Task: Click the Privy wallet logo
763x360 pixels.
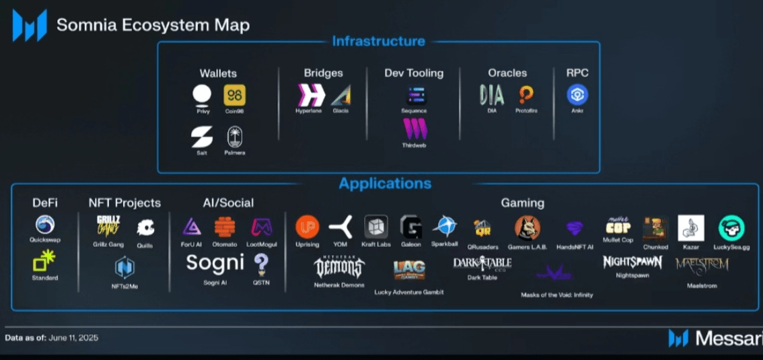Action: click(x=202, y=95)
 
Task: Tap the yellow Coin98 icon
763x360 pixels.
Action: click(x=235, y=95)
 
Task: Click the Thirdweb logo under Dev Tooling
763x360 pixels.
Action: click(x=414, y=129)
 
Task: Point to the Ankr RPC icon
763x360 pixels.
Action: click(x=577, y=95)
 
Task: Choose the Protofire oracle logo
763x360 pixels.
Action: click(x=526, y=95)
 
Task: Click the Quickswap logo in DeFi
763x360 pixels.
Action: click(x=45, y=225)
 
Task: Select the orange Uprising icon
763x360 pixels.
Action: click(x=307, y=227)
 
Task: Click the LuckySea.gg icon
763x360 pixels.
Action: click(x=731, y=228)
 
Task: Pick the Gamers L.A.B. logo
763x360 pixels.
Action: click(x=528, y=228)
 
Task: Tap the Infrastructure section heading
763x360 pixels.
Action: click(x=378, y=42)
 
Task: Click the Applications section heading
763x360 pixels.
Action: click(x=385, y=184)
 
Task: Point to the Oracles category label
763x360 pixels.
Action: click(x=507, y=73)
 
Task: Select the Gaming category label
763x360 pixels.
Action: click(x=522, y=203)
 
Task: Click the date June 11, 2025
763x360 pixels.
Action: click(x=73, y=338)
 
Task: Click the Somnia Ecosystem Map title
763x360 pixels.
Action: click(x=153, y=26)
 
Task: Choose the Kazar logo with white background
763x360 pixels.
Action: click(x=690, y=228)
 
